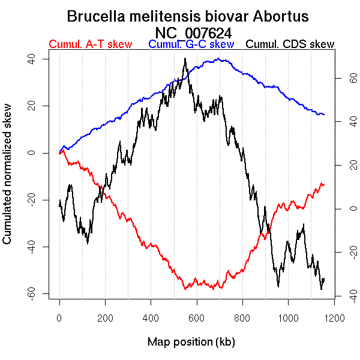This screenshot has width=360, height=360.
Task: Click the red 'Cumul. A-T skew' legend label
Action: click(x=91, y=44)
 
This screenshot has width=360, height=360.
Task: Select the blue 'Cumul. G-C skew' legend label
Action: click(x=191, y=44)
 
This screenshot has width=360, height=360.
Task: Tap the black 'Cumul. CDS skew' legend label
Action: click(x=290, y=44)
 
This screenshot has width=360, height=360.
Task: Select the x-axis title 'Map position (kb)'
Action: click(x=191, y=342)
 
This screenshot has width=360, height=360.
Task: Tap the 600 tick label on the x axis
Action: click(x=196, y=317)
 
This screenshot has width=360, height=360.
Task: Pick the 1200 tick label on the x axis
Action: click(x=334, y=317)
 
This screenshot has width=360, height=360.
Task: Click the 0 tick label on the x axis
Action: click(x=59, y=317)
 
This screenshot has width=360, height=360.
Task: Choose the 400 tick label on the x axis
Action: click(x=151, y=317)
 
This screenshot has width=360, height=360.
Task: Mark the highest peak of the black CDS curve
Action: click(x=185, y=59)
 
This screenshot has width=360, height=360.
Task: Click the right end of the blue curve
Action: click(x=325, y=114)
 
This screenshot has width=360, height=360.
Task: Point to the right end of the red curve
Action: click(x=323, y=184)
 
